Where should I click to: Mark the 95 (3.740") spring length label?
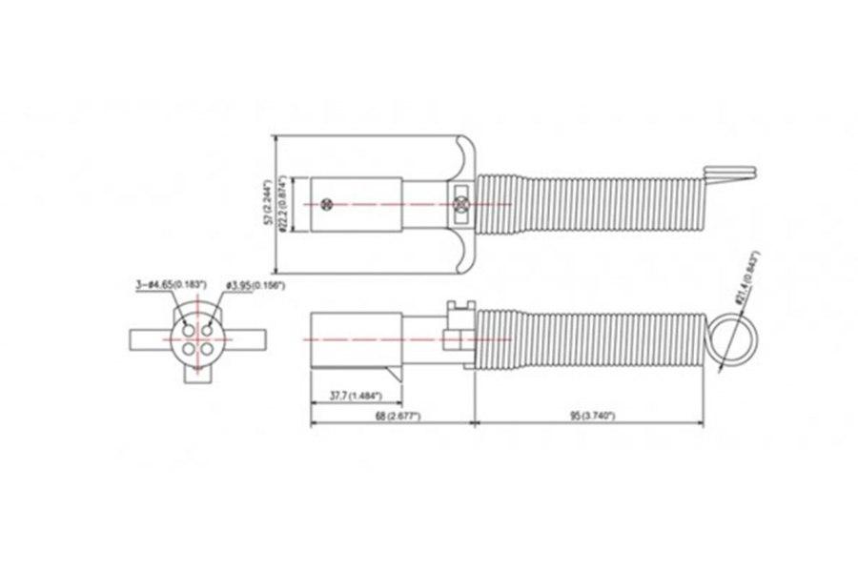[589, 417]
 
